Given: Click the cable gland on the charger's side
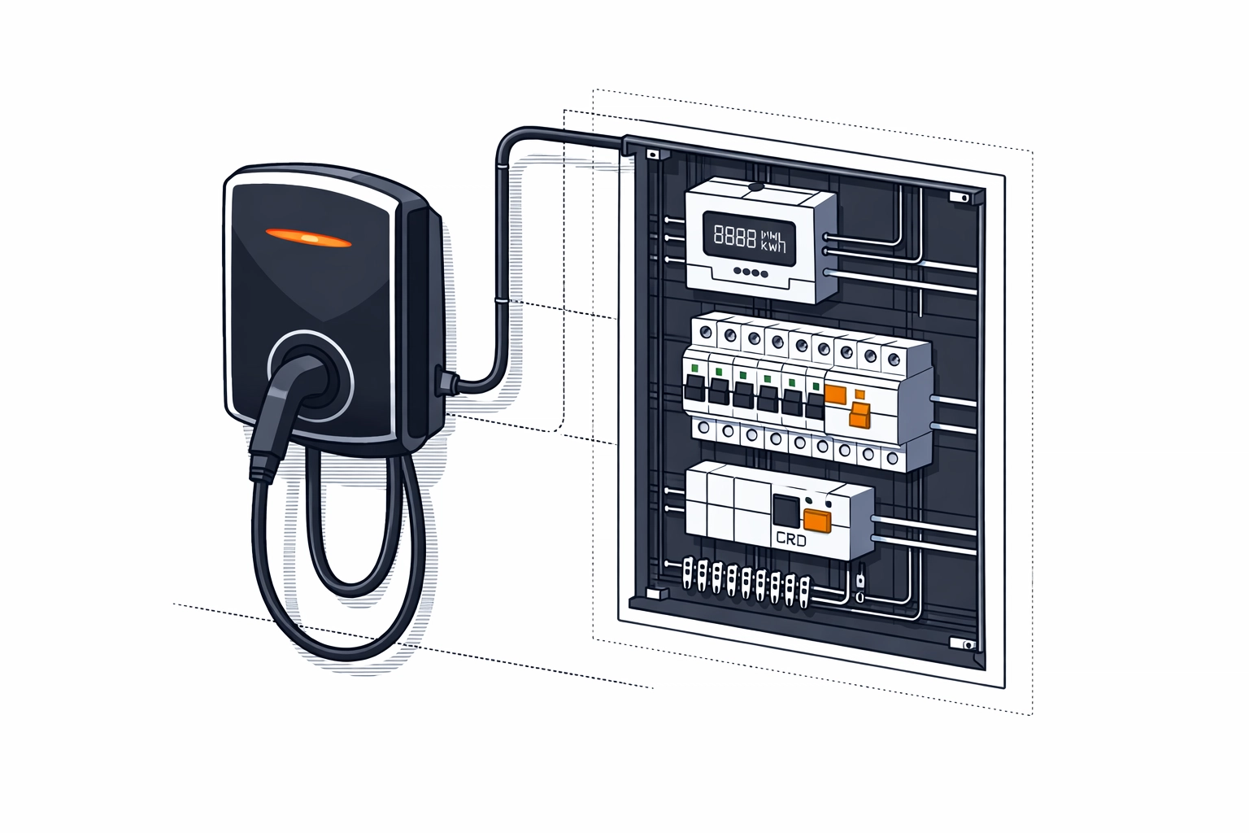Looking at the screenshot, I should click(445, 379).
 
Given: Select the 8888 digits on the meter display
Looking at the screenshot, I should click(734, 236).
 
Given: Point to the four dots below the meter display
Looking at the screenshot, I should click(750, 273).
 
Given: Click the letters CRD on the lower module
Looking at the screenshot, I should click(790, 539).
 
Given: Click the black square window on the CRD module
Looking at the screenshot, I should click(786, 510).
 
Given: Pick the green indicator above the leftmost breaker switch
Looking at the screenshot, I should click(695, 369).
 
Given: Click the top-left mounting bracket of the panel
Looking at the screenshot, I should click(652, 153).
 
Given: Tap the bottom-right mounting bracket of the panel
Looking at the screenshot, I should click(965, 644).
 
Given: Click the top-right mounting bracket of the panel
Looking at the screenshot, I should click(960, 197).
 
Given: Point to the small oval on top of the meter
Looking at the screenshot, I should click(755, 186).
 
